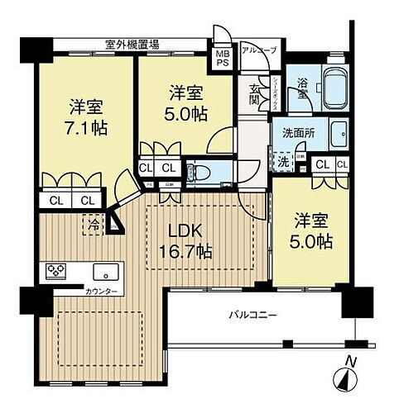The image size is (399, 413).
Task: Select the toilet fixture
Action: (x=195, y=171)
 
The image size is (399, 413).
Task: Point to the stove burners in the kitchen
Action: (x=56, y=271)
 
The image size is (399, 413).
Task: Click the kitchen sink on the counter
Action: (x=105, y=272)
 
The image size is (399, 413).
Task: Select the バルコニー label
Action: (x=252, y=315)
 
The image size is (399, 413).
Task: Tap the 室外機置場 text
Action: (x=132, y=44)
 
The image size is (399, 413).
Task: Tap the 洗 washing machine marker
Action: (x=284, y=160)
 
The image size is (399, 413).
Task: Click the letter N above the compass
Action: (x=350, y=361)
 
